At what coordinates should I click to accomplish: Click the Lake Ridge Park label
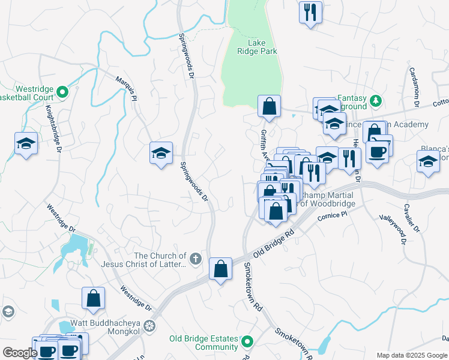click(x=262, y=47)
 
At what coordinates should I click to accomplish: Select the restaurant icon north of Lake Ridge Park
click(x=310, y=12)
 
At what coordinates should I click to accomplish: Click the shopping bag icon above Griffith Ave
click(x=270, y=106)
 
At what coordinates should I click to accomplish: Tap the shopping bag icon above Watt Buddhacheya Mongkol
click(x=94, y=298)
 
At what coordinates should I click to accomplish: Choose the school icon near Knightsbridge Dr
click(x=26, y=143)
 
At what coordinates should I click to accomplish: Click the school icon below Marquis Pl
click(x=161, y=153)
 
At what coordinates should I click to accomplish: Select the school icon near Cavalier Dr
click(x=428, y=161)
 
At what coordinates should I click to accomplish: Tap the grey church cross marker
click(x=195, y=259)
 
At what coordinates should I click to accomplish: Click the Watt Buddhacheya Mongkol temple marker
click(x=149, y=326)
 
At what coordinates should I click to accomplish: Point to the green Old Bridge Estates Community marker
click(x=247, y=342)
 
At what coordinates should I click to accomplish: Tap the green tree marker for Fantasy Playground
click(x=375, y=100)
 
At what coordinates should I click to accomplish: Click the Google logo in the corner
click(x=20, y=353)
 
